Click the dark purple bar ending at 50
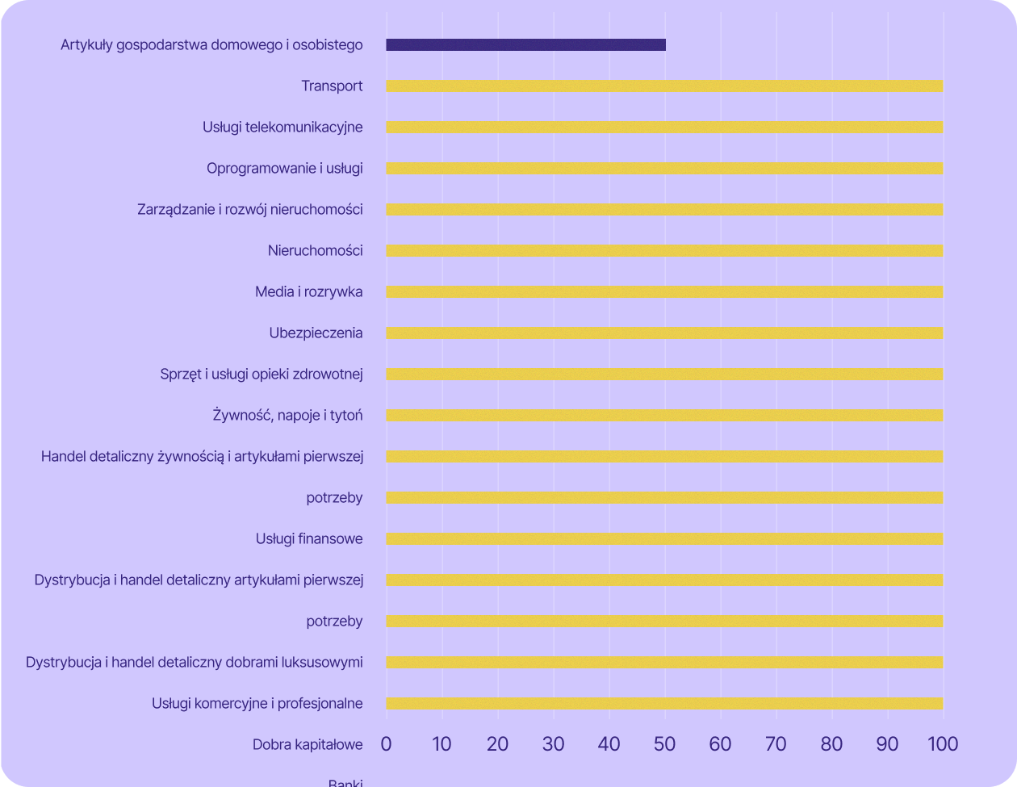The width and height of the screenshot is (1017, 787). point(525,45)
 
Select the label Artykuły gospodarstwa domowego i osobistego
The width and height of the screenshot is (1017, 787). point(211,45)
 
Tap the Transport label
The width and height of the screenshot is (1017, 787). point(332,86)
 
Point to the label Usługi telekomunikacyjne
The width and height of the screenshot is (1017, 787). point(282,128)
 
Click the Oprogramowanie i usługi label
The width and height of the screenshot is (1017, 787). point(284,169)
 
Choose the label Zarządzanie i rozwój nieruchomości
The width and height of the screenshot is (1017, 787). point(249,210)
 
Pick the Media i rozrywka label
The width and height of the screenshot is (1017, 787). point(308,292)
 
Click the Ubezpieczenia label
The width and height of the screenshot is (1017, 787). point(316,333)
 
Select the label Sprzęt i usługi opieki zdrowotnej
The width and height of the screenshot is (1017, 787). point(262,375)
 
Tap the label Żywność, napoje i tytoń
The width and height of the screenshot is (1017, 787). point(287,416)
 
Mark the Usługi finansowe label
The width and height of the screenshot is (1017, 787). point(309,539)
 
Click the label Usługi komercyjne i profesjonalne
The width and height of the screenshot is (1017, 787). point(257,704)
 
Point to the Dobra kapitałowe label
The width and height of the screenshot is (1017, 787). point(308,745)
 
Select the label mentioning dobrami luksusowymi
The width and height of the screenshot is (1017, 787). point(194,663)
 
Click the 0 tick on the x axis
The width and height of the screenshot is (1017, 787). point(386,744)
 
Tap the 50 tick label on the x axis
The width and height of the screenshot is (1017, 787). point(664,744)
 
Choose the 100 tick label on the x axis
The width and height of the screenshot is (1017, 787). point(942,744)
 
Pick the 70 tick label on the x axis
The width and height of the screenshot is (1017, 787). point(776,744)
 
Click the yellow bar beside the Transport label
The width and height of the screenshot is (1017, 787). point(664,86)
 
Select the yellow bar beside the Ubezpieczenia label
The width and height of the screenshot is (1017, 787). point(664,333)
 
